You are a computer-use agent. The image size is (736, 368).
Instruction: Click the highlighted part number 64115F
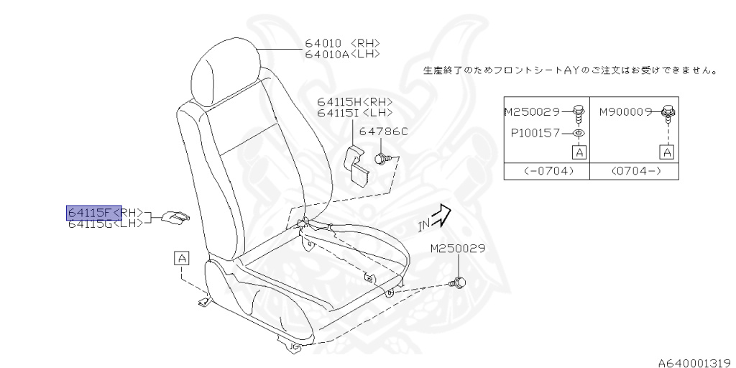(x=91, y=212)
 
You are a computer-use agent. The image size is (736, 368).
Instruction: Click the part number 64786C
(x=383, y=132)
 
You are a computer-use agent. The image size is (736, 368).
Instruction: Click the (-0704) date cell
(x=546, y=172)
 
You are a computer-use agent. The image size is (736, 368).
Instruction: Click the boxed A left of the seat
(x=181, y=257)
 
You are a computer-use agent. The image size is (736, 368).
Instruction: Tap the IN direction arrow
(x=437, y=216)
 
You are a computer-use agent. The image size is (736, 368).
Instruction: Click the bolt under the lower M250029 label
(x=456, y=282)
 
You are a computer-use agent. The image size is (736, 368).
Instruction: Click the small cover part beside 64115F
(x=175, y=216)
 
